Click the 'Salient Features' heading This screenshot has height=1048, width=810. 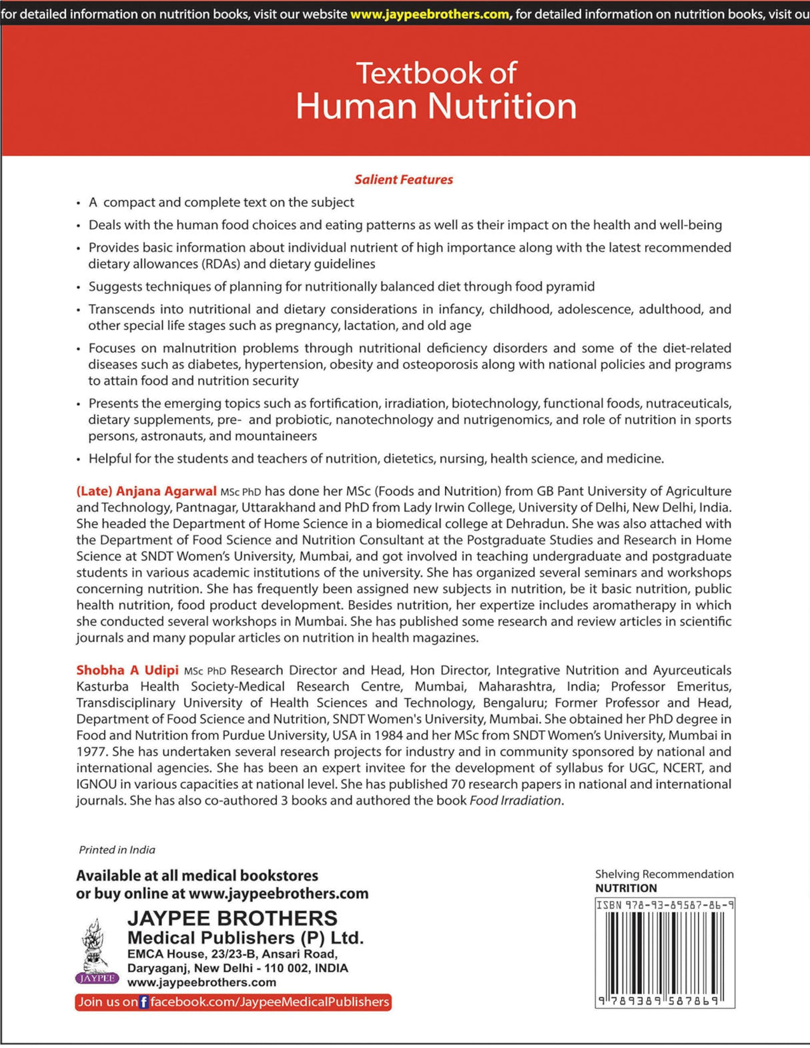click(404, 179)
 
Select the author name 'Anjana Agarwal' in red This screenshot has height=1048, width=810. click(166, 491)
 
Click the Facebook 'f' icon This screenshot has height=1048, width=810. click(143, 1002)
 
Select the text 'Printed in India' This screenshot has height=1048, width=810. click(117, 850)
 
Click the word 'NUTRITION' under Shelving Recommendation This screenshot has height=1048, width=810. click(626, 888)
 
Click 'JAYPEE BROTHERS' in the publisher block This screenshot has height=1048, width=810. click(232, 918)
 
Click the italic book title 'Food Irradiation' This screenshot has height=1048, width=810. click(515, 801)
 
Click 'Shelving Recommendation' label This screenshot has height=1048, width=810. click(664, 874)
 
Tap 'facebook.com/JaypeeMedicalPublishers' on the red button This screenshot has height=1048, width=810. click(270, 1002)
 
